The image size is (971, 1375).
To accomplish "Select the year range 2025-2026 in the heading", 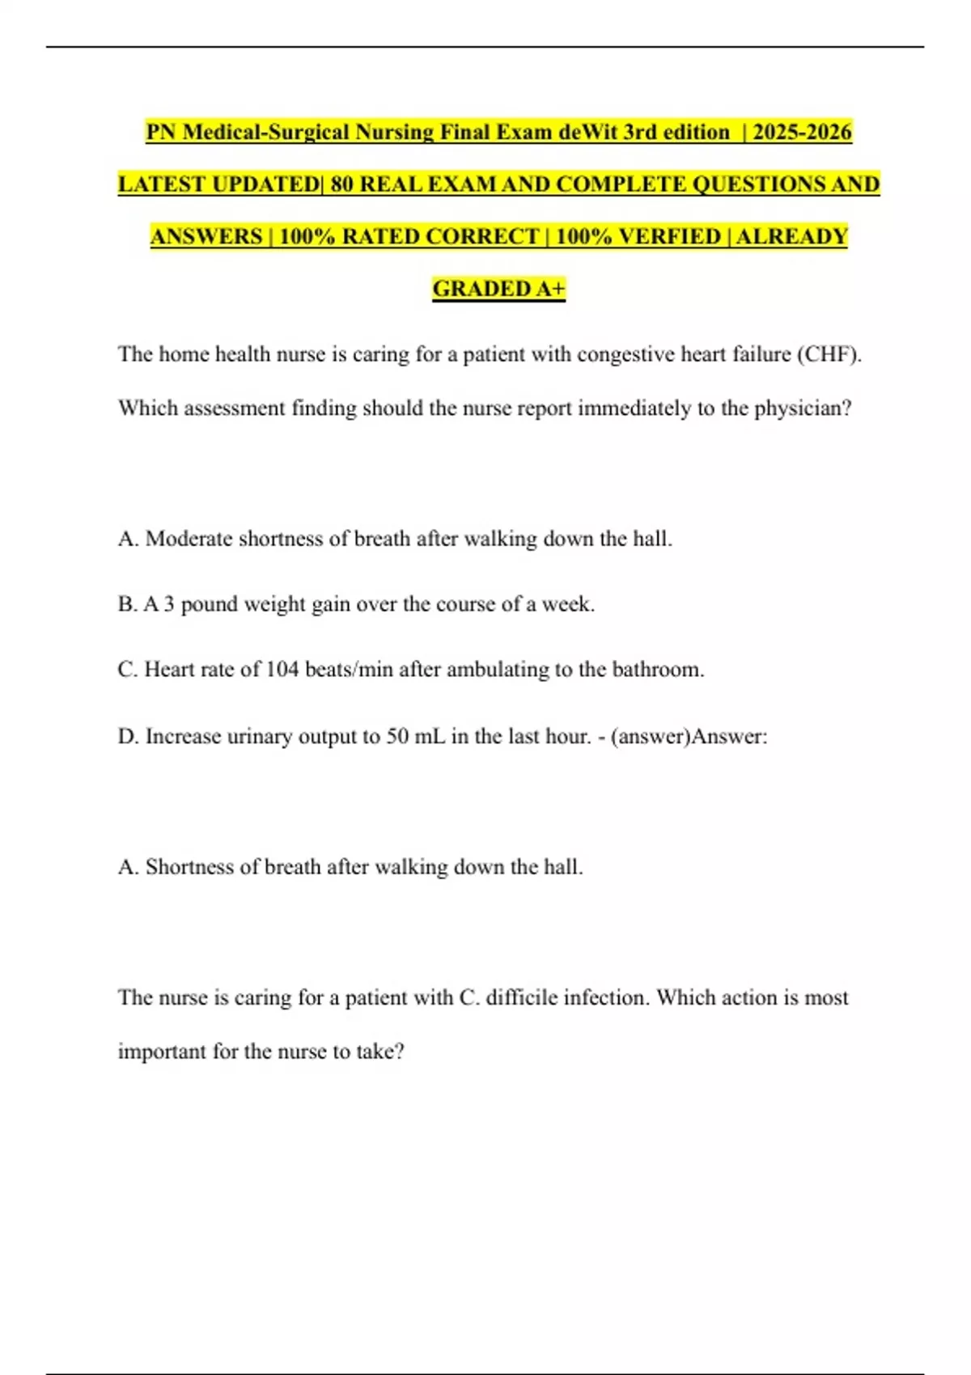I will (802, 132).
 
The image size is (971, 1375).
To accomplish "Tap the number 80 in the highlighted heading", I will (341, 184).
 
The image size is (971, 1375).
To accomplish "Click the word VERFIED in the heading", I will (669, 237).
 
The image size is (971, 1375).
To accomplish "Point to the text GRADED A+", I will (498, 289).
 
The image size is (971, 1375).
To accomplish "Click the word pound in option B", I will (209, 605).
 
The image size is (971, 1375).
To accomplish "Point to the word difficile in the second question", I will (522, 997).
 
